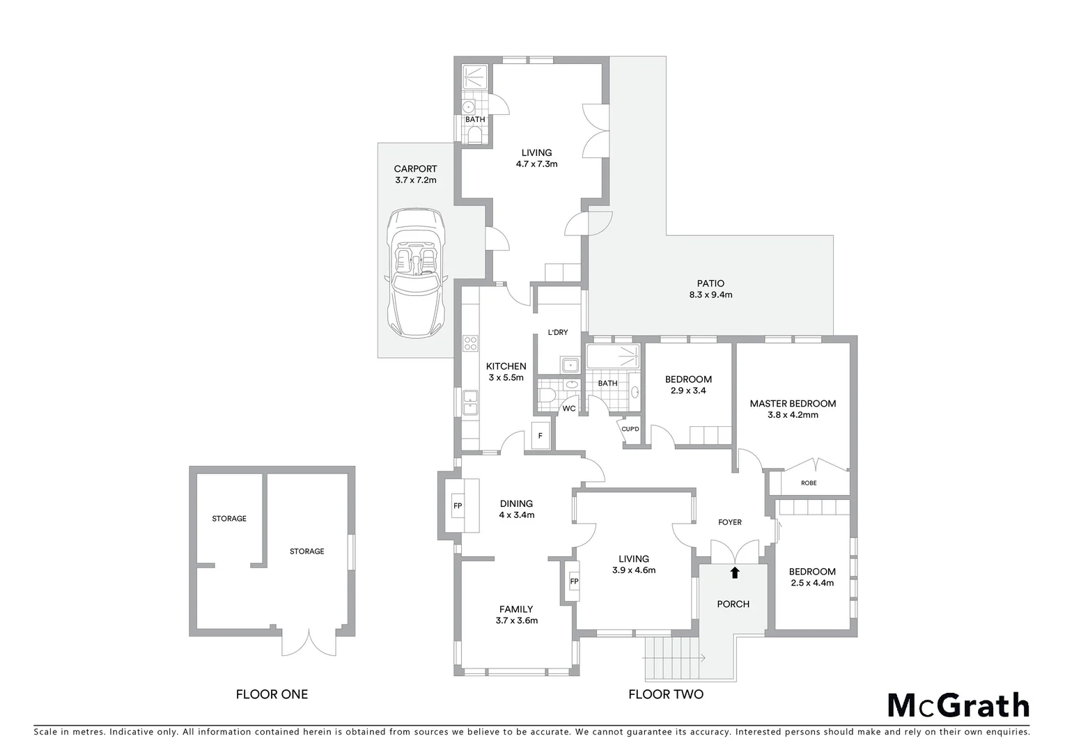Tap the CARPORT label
415,169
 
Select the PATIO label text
710,283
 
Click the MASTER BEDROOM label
793,403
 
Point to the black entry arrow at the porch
733,572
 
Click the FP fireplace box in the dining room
458,506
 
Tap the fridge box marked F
540,436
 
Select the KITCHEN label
506,366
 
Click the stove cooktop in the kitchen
471,343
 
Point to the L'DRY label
558,332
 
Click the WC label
569,408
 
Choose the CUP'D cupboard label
630,429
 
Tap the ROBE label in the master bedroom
809,483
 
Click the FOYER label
730,522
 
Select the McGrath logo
958,705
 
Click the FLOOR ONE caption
272,694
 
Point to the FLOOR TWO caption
666,694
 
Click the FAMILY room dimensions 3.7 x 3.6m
517,620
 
